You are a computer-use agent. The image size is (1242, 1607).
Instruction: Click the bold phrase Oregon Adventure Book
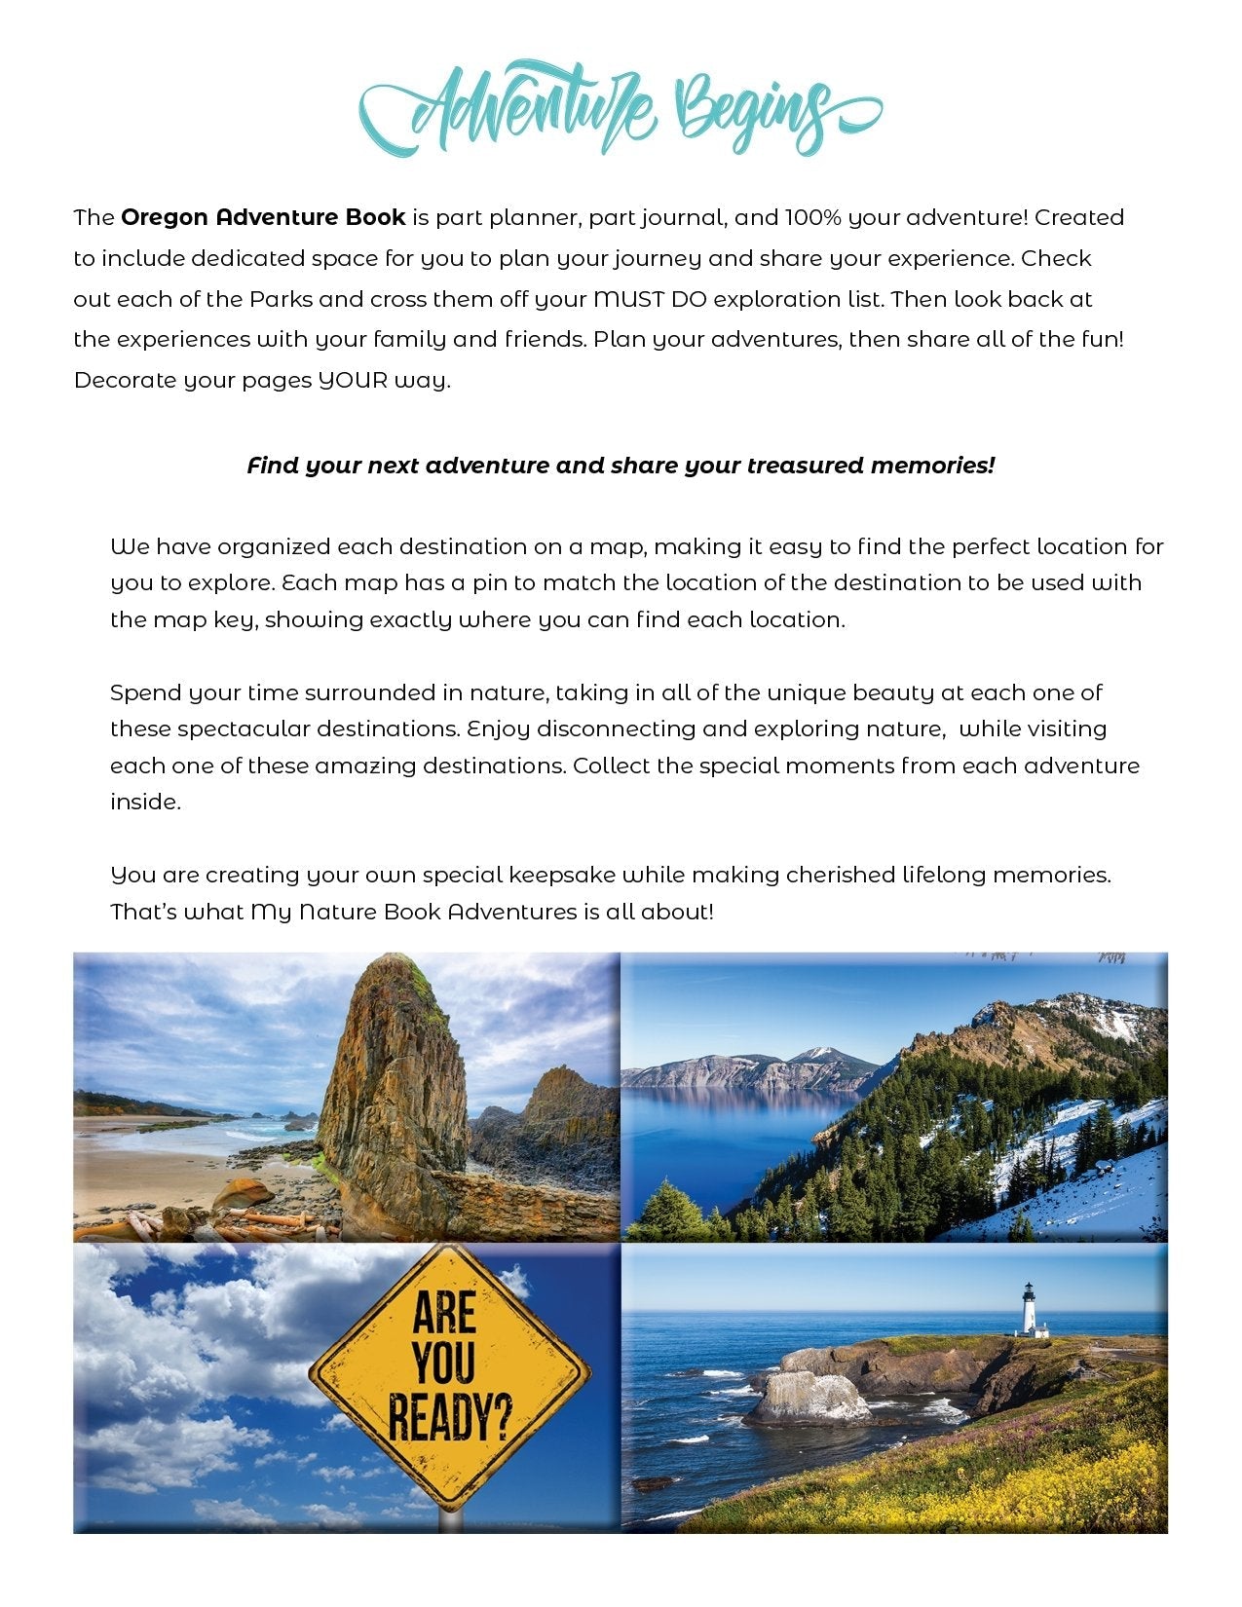pos(263,217)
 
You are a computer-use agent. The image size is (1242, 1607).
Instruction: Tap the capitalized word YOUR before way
pos(353,380)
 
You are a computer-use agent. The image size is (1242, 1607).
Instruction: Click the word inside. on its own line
pos(145,803)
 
